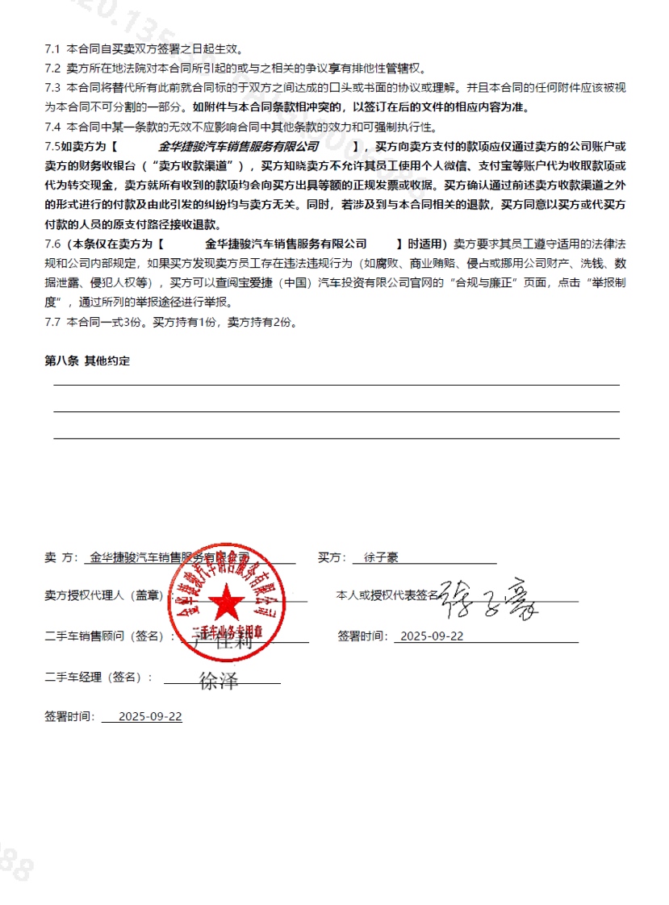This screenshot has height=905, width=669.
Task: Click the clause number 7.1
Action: coord(53,50)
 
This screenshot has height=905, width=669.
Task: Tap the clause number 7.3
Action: coord(53,87)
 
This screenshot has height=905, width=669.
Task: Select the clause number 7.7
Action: coord(53,323)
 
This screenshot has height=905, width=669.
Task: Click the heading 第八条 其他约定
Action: coord(87,361)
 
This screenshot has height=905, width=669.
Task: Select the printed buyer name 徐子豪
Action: coord(382,557)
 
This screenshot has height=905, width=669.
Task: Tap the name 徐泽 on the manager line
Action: coord(219,680)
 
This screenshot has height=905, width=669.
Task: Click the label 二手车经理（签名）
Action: coord(98,678)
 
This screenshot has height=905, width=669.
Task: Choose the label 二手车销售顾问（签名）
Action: coord(109,636)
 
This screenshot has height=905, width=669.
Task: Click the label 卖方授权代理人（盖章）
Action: coord(103,596)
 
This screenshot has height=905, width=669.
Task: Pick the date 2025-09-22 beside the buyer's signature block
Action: coord(433,636)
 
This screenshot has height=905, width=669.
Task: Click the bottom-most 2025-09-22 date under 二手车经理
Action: coord(150,716)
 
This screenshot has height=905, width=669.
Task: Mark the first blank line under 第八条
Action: coord(336,386)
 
